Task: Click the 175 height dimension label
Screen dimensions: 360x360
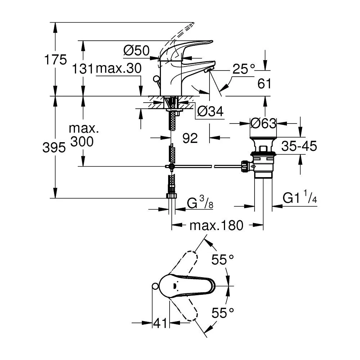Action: (55, 60)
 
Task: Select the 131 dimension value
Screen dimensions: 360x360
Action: (83, 69)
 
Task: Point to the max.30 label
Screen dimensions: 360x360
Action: (118, 68)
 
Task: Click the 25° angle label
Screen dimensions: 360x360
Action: (244, 69)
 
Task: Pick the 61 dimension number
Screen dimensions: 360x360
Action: (264, 84)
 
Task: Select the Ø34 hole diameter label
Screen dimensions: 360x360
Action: (210, 112)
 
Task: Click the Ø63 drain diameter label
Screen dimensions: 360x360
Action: (264, 123)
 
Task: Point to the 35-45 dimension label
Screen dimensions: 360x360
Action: (299, 146)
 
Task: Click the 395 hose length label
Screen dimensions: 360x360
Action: (54, 147)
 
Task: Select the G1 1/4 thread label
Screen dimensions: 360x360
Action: (300, 197)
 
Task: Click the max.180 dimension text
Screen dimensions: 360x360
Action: (216, 225)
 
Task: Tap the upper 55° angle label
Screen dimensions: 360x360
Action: (222, 260)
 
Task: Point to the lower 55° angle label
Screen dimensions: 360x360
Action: (222, 312)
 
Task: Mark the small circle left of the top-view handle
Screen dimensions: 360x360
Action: (156, 286)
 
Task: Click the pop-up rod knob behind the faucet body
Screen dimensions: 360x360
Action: (156, 79)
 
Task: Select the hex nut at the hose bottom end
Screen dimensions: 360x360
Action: (171, 195)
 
